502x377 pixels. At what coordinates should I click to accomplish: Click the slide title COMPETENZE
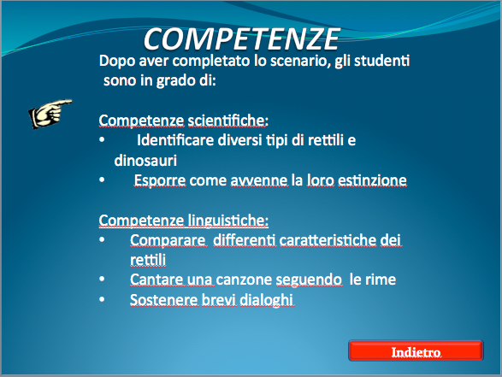coord(242,39)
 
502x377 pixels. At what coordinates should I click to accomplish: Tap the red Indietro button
coord(416,350)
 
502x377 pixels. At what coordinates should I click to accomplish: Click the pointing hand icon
coord(50,114)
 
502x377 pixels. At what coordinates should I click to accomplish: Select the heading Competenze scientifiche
coord(184,121)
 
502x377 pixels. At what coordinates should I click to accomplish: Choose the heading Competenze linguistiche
coord(184,221)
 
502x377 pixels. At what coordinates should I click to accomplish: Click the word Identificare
coord(175,140)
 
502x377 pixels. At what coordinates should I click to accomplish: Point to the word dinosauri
coord(145,160)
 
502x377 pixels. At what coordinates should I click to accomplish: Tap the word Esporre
coord(160,180)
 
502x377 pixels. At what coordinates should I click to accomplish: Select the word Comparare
coord(168,240)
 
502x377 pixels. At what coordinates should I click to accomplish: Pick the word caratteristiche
coord(328,240)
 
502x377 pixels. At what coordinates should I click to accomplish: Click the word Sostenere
coord(164,300)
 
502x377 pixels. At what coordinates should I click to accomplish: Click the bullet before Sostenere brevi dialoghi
coord(102,299)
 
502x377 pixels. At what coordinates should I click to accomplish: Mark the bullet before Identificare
coord(102,139)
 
